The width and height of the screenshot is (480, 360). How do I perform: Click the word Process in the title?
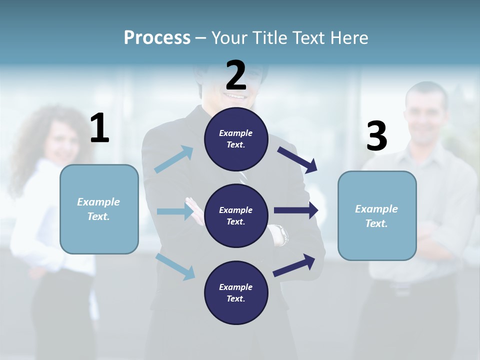157,38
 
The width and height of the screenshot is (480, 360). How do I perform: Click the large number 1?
99,128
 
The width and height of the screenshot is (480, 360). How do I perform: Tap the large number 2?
236,75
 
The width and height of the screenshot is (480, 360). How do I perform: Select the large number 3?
376,136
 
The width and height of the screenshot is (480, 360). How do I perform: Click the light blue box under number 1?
99,209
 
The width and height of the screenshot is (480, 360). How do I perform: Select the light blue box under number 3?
377,215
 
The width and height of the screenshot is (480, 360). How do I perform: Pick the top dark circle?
236,139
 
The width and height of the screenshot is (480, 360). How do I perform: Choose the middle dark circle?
236,215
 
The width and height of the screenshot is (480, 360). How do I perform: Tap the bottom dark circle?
236,292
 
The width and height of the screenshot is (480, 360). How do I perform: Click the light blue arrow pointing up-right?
174,159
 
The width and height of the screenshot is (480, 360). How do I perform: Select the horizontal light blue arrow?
175,211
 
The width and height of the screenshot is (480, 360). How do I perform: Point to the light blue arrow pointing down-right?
175,266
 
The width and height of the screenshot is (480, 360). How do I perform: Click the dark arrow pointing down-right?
298,159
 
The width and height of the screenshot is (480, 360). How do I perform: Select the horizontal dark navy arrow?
296,210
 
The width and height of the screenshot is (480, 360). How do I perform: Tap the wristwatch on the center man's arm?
280,234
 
